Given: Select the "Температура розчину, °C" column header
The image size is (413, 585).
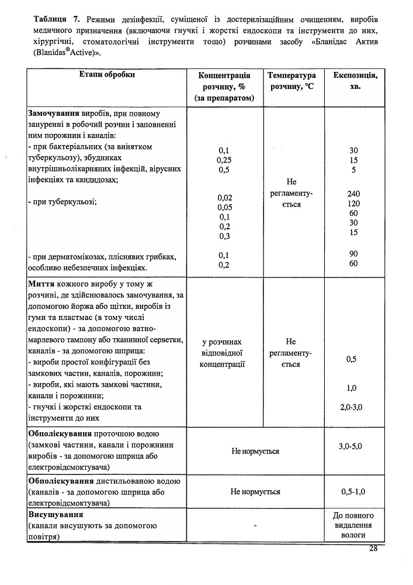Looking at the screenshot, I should point(291,81).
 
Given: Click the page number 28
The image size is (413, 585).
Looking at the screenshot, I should point(373,548).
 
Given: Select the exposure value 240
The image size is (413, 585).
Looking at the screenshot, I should point(353,193).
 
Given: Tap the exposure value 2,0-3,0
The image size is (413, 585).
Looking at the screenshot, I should point(351,407).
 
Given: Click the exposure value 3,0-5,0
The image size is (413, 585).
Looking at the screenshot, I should point(351,446).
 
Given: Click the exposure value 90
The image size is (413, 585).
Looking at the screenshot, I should point(353,253).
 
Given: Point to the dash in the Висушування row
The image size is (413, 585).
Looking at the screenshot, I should point(256,525).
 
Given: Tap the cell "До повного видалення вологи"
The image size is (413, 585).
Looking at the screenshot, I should point(353,525).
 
